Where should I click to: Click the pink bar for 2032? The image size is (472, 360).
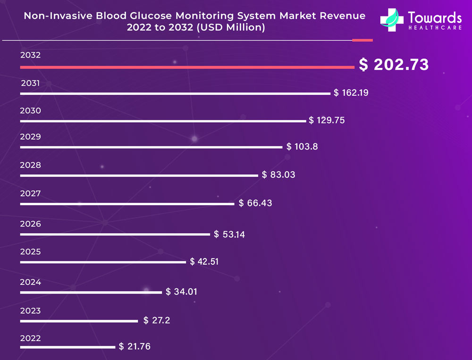(x=187, y=67)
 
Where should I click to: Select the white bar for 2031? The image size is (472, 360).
(x=175, y=93)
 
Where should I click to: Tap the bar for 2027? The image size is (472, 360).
(x=127, y=204)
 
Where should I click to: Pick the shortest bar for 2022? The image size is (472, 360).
(x=67, y=347)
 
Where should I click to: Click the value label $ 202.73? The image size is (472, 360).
(x=394, y=65)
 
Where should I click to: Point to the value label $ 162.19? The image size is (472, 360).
(x=351, y=93)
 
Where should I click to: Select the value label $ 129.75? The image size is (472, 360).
(x=327, y=120)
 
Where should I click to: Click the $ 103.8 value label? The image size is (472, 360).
(x=302, y=147)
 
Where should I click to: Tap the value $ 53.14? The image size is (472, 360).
(x=229, y=234)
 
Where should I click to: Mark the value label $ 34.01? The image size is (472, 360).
(x=181, y=292)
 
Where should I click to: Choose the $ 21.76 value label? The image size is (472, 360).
(x=135, y=347)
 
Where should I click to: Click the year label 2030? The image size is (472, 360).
(x=30, y=111)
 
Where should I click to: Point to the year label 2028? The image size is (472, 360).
(x=30, y=165)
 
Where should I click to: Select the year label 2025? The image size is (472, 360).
(x=30, y=252)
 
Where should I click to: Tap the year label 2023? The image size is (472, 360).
(x=30, y=311)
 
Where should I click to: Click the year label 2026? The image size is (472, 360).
(x=30, y=224)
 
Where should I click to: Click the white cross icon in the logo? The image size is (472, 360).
(x=392, y=20)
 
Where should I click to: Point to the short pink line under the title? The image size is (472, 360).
(x=362, y=40)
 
